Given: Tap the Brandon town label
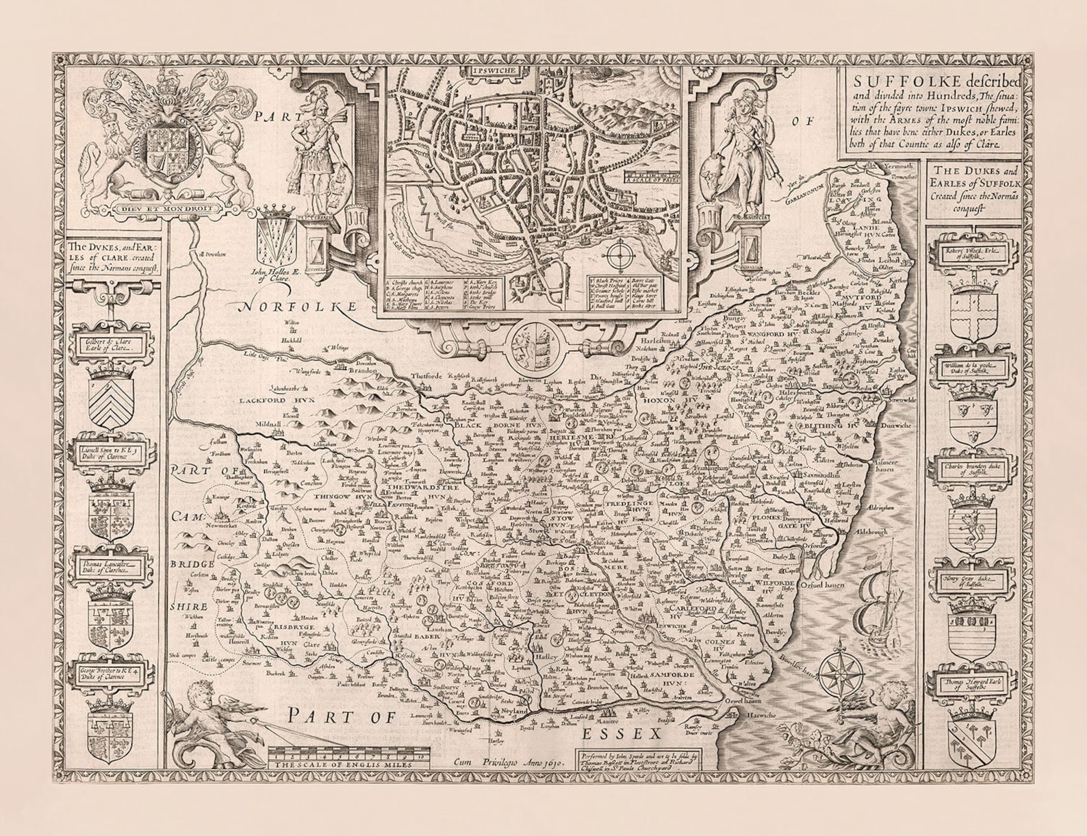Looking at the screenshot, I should (363, 370).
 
